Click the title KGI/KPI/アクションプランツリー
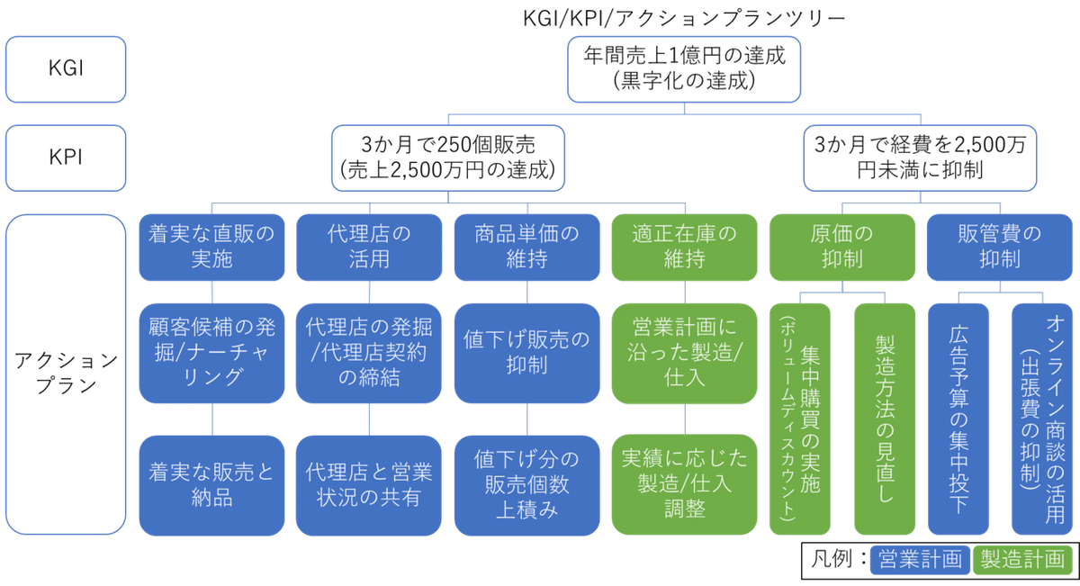tap(683, 17)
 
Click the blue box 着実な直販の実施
tap(212, 248)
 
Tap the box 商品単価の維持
tap(526, 248)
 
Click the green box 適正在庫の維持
tap(684, 248)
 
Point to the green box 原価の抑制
tap(841, 248)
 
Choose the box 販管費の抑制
tap(999, 248)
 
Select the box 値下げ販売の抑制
tap(526, 353)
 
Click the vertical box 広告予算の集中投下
tap(958, 419)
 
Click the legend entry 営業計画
tap(920, 558)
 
